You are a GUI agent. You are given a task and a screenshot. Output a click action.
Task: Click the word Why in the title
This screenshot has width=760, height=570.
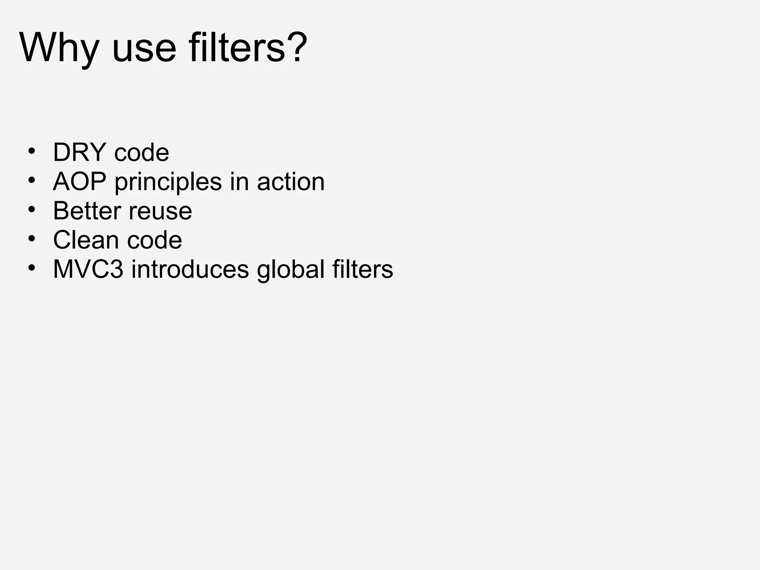click(x=59, y=48)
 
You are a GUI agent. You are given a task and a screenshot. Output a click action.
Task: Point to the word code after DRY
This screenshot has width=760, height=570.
click(x=141, y=153)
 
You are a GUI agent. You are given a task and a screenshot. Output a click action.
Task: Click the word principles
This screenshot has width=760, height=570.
click(x=168, y=183)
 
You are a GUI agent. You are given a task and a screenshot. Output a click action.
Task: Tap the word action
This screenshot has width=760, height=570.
click(x=291, y=182)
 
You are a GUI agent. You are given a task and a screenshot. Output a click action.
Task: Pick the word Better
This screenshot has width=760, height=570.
click(x=87, y=211)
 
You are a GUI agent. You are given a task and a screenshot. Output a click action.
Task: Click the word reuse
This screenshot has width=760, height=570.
click(x=160, y=212)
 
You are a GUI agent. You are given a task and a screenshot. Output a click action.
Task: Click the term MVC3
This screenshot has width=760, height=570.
click(x=88, y=269)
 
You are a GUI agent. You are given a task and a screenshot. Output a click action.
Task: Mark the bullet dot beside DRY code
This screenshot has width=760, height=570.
click(x=32, y=151)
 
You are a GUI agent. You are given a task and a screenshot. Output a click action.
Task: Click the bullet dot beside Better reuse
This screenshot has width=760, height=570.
click(x=32, y=210)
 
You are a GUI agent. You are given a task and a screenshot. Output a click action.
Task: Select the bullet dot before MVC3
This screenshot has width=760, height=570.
click(x=32, y=268)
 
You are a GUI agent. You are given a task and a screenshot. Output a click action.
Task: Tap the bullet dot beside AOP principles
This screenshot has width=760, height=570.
click(x=32, y=180)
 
